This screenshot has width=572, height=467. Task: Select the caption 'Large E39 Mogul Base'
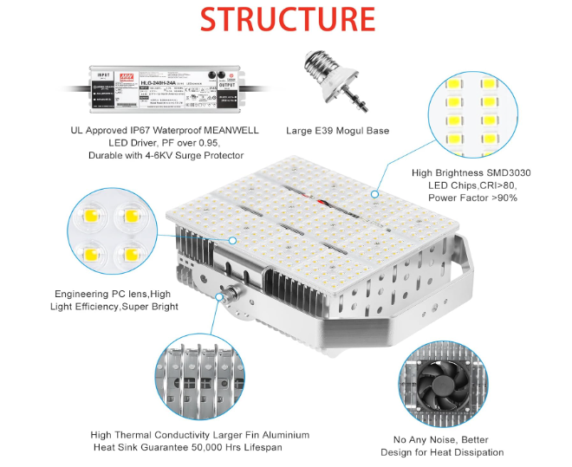(337, 131)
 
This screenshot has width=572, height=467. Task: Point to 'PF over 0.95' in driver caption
(186, 143)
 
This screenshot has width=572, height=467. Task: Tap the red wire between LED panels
(328, 204)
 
